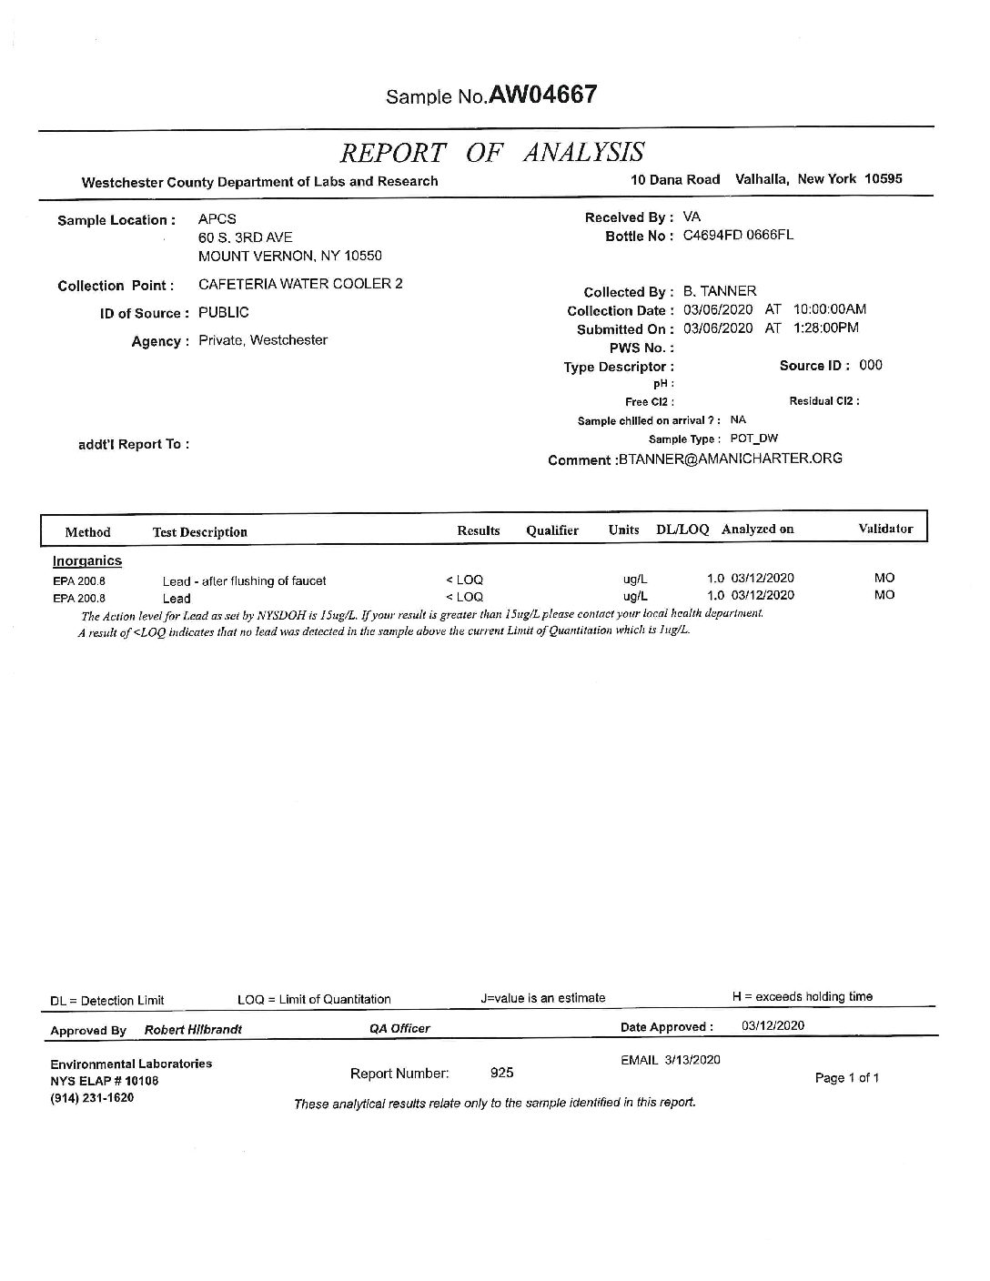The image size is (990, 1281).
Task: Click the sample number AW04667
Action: [x=542, y=95]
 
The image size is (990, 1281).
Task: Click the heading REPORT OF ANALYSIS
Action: [x=492, y=152]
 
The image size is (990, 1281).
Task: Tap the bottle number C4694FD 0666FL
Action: [x=738, y=235]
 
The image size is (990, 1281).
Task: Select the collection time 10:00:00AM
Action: [x=830, y=309]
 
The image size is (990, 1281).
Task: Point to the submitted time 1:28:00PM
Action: [x=825, y=328]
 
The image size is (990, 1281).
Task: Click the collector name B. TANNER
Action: [x=720, y=291]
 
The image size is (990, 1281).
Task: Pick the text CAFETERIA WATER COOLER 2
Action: [x=300, y=284]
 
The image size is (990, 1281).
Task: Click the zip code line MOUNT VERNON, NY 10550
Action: [x=290, y=257]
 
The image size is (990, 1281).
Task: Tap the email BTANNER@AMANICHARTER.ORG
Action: [x=730, y=459]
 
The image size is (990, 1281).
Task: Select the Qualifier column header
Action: [x=552, y=531]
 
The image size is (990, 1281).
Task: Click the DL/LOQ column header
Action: [x=682, y=530]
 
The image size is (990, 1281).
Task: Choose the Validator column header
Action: [x=885, y=529]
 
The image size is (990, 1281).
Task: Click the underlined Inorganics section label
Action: [x=87, y=560]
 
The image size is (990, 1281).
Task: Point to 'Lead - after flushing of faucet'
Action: [x=244, y=580]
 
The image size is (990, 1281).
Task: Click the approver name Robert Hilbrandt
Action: [x=194, y=1030]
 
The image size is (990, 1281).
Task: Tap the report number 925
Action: [x=502, y=1073]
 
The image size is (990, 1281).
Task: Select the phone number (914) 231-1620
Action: [x=92, y=1097]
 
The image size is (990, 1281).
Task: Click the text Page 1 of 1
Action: [x=846, y=1078]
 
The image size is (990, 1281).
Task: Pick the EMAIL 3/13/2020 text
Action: [x=671, y=1060]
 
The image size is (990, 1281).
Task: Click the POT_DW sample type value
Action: [x=754, y=439]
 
